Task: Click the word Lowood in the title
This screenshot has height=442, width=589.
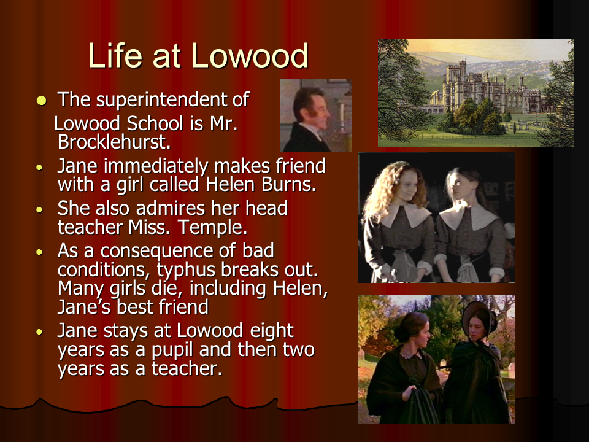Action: pos(249,56)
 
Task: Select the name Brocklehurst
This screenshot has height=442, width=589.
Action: pos(114,142)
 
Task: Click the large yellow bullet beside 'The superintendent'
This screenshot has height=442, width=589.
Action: pos(41,100)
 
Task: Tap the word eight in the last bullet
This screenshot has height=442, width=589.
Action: pos(272,331)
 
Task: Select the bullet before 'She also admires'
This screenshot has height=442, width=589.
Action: pos(39,210)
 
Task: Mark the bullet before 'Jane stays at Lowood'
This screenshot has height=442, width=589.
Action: pos(39,332)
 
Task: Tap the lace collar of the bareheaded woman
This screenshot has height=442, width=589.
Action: pos(412,352)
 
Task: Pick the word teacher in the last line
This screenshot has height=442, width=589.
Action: pos(187,368)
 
